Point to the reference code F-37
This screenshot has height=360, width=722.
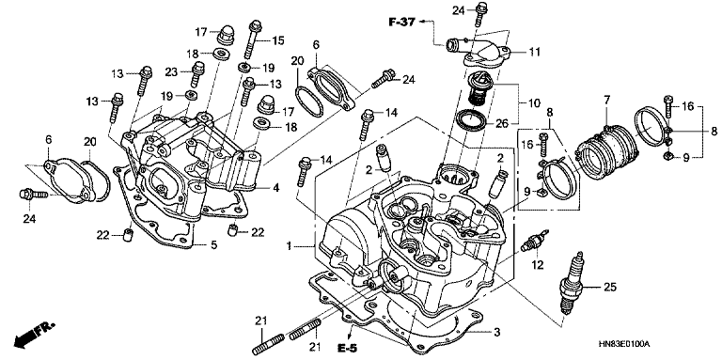click(402, 22)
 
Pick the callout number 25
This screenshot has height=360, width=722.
click(609, 288)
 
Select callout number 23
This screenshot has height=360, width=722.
click(172, 71)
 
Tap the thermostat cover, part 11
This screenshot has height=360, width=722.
click(479, 50)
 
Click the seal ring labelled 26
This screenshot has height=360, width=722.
click(471, 120)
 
